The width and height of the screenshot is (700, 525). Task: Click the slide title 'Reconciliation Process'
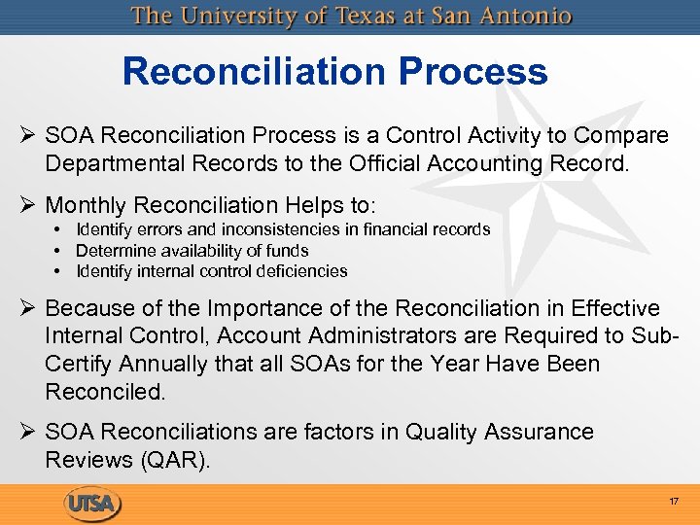click(334, 72)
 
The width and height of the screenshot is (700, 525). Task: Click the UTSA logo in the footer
click(92, 504)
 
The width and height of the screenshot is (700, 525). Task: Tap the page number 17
click(673, 502)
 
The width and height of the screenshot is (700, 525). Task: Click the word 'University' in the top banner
click(232, 17)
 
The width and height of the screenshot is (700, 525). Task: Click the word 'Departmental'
click(112, 163)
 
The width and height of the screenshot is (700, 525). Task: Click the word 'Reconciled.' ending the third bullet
click(105, 392)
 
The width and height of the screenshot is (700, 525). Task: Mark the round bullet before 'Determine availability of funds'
click(58, 251)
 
